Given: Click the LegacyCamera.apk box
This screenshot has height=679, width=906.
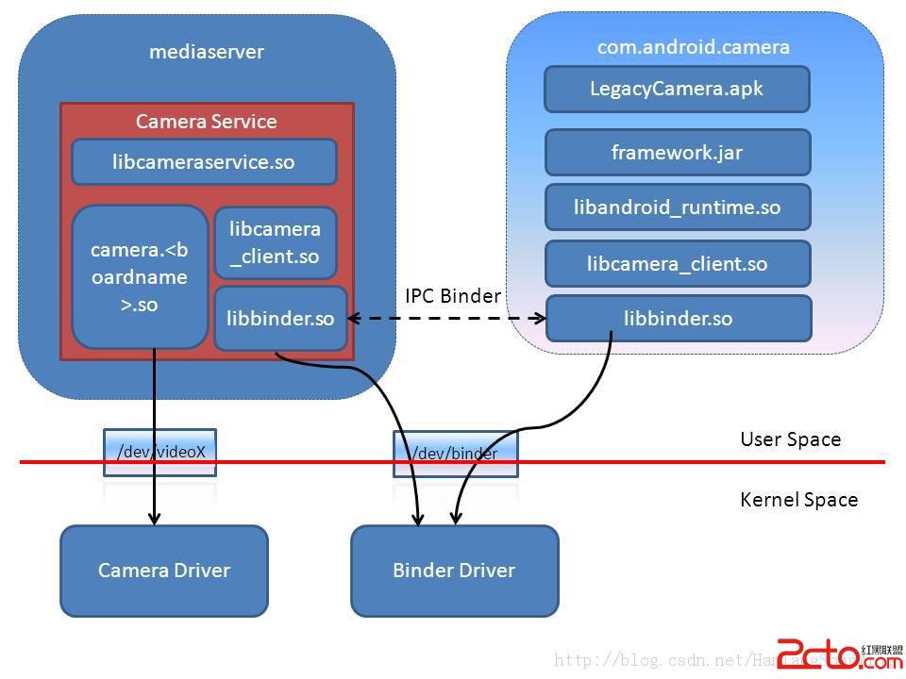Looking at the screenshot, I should pos(677,90).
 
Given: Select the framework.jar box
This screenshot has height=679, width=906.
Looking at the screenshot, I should pos(678,153).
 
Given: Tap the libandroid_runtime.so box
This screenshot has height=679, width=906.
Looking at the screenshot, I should pos(678,207).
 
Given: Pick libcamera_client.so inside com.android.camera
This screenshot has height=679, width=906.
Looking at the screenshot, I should pos(678,264).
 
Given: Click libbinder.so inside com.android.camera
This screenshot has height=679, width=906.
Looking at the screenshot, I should pos(678,319).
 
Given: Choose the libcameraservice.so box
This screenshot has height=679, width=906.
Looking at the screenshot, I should pos(204,162).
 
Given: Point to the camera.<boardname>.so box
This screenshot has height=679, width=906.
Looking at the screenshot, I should pos(140,277).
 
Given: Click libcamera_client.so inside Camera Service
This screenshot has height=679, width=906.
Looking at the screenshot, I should pos(275,243).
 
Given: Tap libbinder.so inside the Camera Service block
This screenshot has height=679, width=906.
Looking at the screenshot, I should pos(280,319).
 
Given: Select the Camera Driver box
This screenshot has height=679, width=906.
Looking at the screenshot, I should pos(164,570).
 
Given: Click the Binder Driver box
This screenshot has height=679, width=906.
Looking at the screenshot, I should pos(454,570).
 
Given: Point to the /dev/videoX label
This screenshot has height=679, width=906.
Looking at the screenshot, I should pos(160,452).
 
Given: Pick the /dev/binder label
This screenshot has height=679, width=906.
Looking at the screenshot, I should pos(455,454).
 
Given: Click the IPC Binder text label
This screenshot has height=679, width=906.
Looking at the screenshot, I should pos(453,296).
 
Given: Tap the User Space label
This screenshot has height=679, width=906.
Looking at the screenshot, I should pos(790,439).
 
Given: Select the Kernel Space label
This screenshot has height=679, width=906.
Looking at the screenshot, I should pos(798,500).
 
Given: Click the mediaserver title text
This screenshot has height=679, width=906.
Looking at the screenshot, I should pos(207,52).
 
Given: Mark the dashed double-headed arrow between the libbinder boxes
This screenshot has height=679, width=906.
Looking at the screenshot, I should pos(446,319).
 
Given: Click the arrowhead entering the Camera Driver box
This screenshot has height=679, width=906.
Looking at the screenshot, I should pos(155,518).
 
